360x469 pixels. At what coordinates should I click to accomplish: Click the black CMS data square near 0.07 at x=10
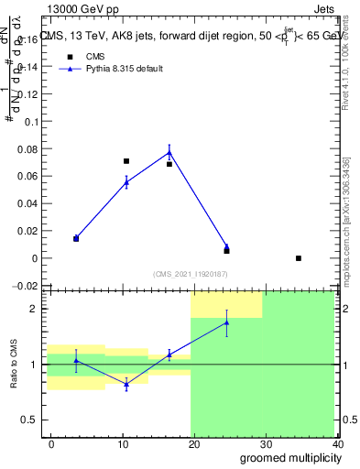(126, 161)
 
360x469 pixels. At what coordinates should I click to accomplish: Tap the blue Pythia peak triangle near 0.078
(169, 152)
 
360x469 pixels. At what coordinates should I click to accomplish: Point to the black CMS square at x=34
(299, 258)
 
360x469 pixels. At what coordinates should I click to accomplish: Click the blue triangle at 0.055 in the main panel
(126, 182)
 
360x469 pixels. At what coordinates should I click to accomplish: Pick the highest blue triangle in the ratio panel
(226, 322)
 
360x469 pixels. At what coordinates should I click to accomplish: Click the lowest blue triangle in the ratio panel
(126, 384)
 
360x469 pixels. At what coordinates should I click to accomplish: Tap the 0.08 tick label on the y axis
(27, 148)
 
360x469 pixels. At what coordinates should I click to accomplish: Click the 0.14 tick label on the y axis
(27, 67)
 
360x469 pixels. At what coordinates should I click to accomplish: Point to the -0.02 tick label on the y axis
(25, 286)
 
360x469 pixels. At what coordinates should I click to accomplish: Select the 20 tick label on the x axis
(194, 443)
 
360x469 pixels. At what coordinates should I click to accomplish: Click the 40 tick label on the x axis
(337, 443)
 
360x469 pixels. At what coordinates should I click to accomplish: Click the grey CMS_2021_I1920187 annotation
(191, 273)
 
